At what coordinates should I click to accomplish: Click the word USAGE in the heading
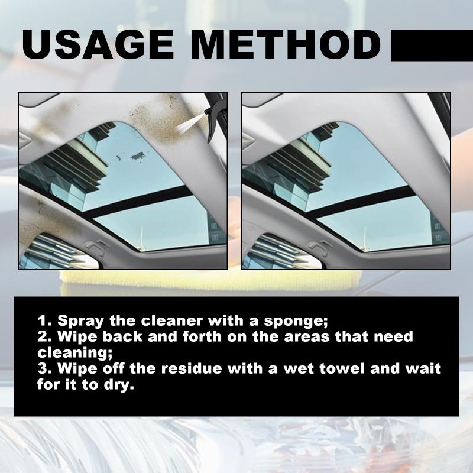98,44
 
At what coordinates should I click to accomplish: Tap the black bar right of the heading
432,46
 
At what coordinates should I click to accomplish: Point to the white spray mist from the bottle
189,124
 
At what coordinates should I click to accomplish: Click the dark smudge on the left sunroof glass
138,156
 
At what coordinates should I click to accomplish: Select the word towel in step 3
343,368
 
